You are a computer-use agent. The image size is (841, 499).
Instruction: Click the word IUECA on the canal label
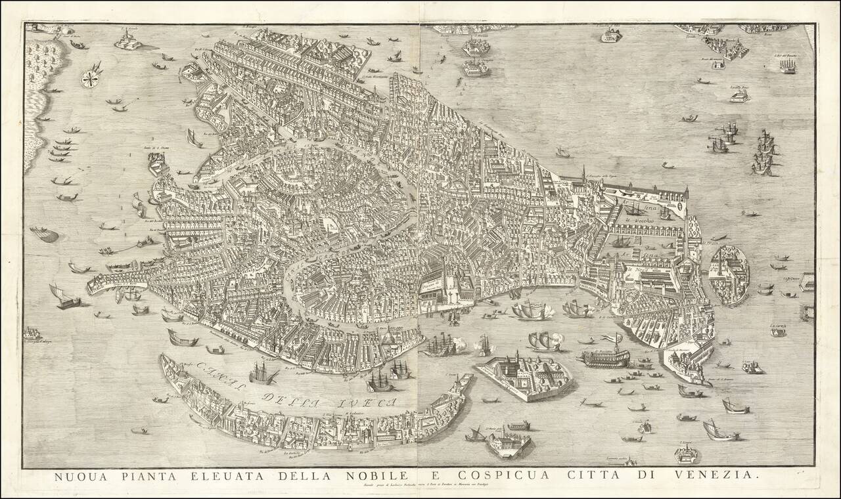coord(368,401)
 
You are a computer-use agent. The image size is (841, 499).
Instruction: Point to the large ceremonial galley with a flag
coord(603,357)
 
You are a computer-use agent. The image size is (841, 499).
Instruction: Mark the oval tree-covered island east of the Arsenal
coord(730,274)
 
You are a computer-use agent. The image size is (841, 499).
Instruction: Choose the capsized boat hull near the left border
coord(44,234)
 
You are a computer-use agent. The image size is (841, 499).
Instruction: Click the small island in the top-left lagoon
coord(129,41)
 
